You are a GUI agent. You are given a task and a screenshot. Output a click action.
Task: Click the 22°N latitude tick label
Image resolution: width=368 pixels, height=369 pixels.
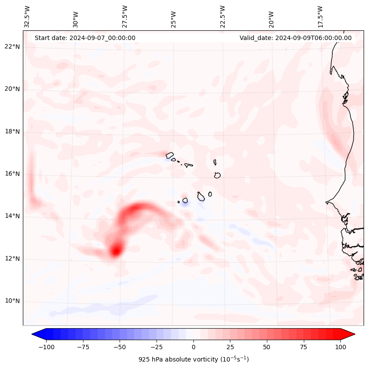tap(12, 47)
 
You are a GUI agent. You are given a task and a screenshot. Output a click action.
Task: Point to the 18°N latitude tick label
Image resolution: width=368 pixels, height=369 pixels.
tap(12, 132)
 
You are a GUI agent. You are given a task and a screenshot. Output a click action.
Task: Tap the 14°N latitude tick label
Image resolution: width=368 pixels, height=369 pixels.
tap(12, 216)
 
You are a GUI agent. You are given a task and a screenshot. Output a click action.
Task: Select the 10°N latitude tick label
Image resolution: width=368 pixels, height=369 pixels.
tap(12, 301)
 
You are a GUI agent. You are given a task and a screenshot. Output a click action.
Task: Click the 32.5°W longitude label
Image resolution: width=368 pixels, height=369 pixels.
tap(27, 16)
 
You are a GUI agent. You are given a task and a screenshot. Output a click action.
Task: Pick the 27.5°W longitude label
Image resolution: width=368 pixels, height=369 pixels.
tap(125, 16)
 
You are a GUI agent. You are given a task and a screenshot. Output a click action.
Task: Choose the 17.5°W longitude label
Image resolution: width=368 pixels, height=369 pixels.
tap(320, 16)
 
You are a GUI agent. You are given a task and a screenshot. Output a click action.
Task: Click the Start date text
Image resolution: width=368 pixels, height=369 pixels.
tap(85, 38)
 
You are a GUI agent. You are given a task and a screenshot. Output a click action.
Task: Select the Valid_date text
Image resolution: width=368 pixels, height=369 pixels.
tap(295, 38)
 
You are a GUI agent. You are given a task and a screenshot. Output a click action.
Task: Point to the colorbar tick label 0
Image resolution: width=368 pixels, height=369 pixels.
tap(193, 347)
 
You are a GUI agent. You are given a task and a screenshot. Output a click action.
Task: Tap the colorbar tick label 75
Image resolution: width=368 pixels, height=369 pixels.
tap(304, 347)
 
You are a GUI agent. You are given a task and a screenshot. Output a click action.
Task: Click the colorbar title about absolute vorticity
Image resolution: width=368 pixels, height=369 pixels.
tap(193, 359)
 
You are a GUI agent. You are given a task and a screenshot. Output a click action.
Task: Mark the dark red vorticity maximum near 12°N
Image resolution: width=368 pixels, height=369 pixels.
tap(116, 251)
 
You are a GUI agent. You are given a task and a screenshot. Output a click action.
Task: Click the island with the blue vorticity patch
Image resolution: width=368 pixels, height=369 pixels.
tap(185, 201)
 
